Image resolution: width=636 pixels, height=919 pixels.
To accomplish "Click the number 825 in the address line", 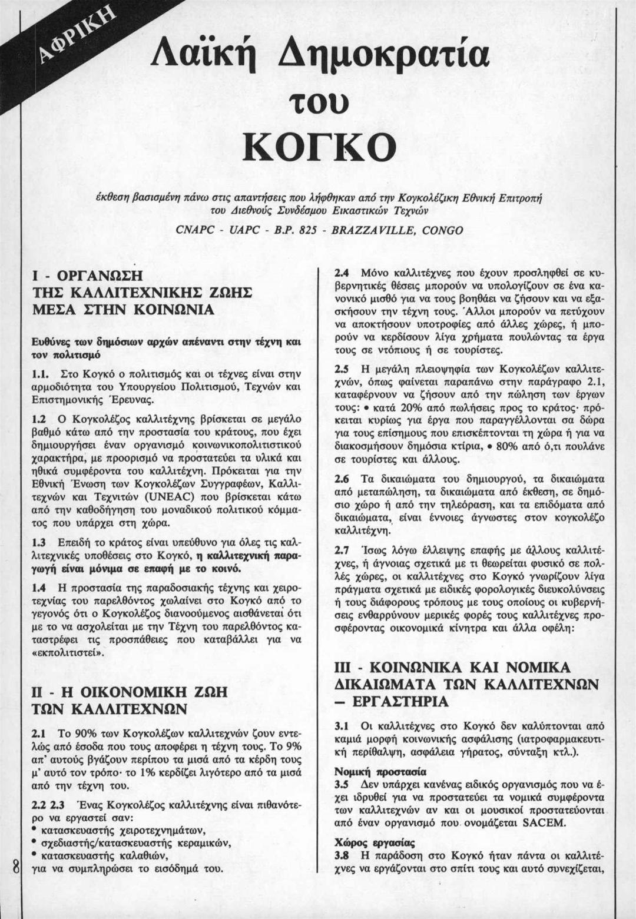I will click(x=307, y=230).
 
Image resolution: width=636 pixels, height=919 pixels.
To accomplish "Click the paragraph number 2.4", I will click(x=342, y=273).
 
